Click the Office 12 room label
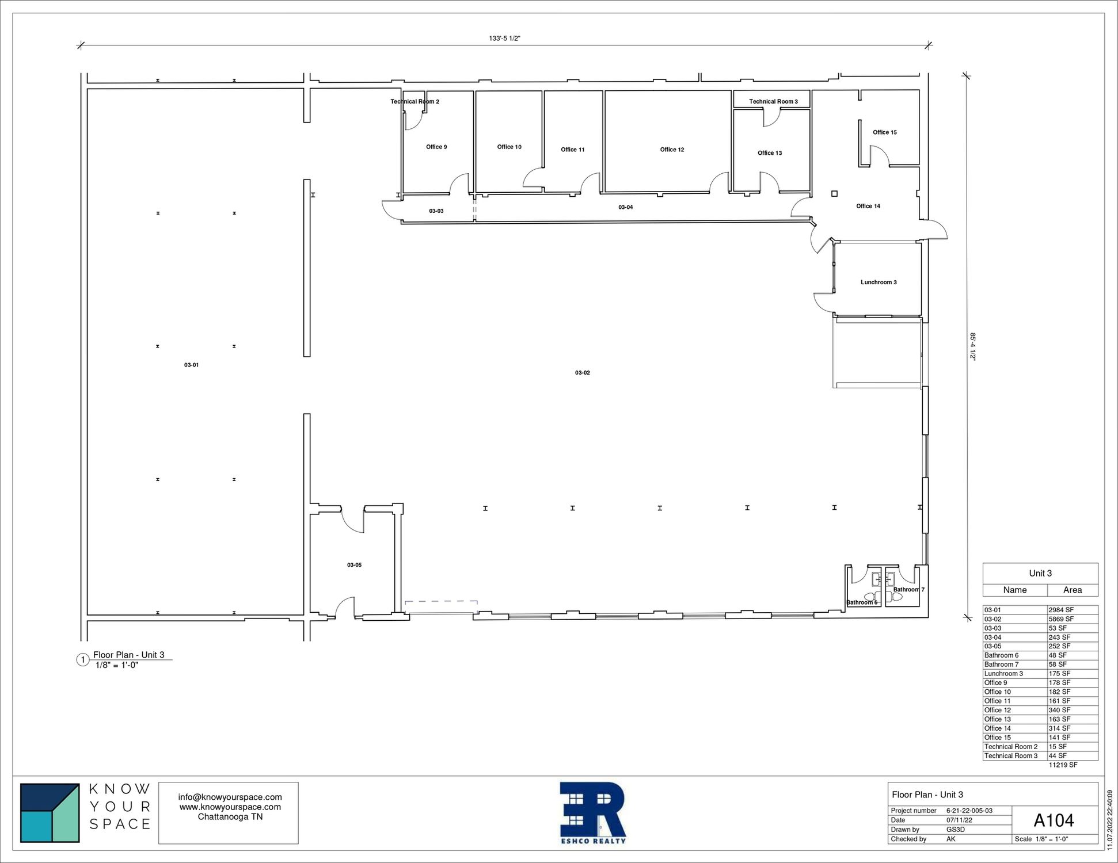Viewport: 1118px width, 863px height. click(672, 150)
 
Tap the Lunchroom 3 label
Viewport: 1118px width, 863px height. click(879, 282)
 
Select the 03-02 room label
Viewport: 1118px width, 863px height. click(583, 373)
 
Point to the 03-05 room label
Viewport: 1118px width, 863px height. click(354, 565)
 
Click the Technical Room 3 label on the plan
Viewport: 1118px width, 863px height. click(773, 102)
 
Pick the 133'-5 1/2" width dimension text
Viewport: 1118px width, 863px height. click(505, 39)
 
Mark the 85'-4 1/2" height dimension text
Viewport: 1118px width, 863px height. click(973, 346)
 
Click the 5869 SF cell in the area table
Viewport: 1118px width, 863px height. click(1061, 619)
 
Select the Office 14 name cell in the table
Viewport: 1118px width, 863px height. click(998, 728)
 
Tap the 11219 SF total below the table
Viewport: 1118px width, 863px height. click(1063, 765)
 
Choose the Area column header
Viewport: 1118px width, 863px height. click(1072, 590)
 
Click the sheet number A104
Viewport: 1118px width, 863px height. click(1054, 820)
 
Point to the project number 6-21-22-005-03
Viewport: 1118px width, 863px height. click(969, 811)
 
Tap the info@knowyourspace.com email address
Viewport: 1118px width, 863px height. click(230, 797)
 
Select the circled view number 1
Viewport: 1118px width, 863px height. click(82, 660)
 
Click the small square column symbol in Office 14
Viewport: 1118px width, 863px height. click(834, 194)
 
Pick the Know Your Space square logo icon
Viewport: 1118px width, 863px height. click(50, 813)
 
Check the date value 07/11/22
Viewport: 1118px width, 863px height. click(959, 820)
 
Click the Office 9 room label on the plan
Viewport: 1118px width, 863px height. click(436, 147)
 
